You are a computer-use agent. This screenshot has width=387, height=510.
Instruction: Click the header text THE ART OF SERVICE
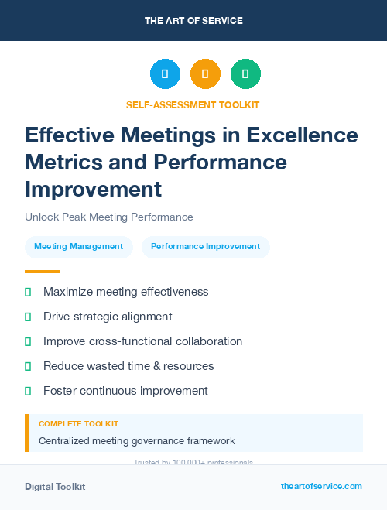point(193,21)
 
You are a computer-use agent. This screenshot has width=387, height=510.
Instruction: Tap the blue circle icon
point(165,74)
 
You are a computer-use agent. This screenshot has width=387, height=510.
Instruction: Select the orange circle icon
point(205,74)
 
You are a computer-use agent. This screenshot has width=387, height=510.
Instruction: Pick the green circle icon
point(245,74)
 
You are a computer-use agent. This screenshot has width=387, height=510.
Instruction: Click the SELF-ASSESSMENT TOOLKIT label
point(193,104)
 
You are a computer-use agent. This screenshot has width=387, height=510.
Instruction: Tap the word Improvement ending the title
point(94,190)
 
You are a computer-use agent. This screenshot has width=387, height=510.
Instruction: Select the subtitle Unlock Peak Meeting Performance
point(109,217)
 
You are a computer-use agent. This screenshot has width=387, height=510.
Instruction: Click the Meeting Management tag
point(79,247)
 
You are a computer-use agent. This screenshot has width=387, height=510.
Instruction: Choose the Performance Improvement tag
point(205,247)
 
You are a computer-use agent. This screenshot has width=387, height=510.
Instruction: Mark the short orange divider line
point(42,272)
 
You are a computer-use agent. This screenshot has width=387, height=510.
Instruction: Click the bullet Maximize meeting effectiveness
point(125,292)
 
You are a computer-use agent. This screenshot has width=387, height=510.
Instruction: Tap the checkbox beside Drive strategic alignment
point(28,317)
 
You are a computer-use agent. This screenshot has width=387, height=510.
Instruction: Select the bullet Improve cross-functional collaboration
point(142,341)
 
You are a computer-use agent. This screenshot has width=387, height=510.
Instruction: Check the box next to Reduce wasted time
point(28,366)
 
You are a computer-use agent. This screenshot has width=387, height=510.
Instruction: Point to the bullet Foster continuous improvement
point(125,391)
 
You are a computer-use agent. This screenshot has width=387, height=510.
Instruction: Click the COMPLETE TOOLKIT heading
point(78,424)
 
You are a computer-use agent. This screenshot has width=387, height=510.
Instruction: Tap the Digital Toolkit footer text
point(55,486)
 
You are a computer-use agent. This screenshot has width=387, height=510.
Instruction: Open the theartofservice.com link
point(321,486)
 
